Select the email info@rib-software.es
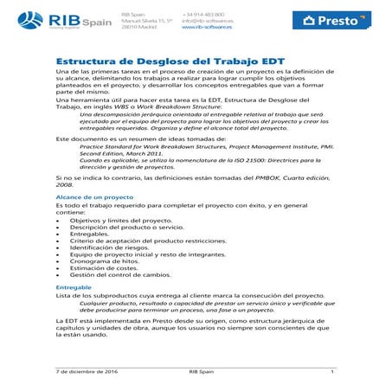coord(209,20)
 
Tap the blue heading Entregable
coord(74,286)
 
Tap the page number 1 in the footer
coord(332,370)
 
